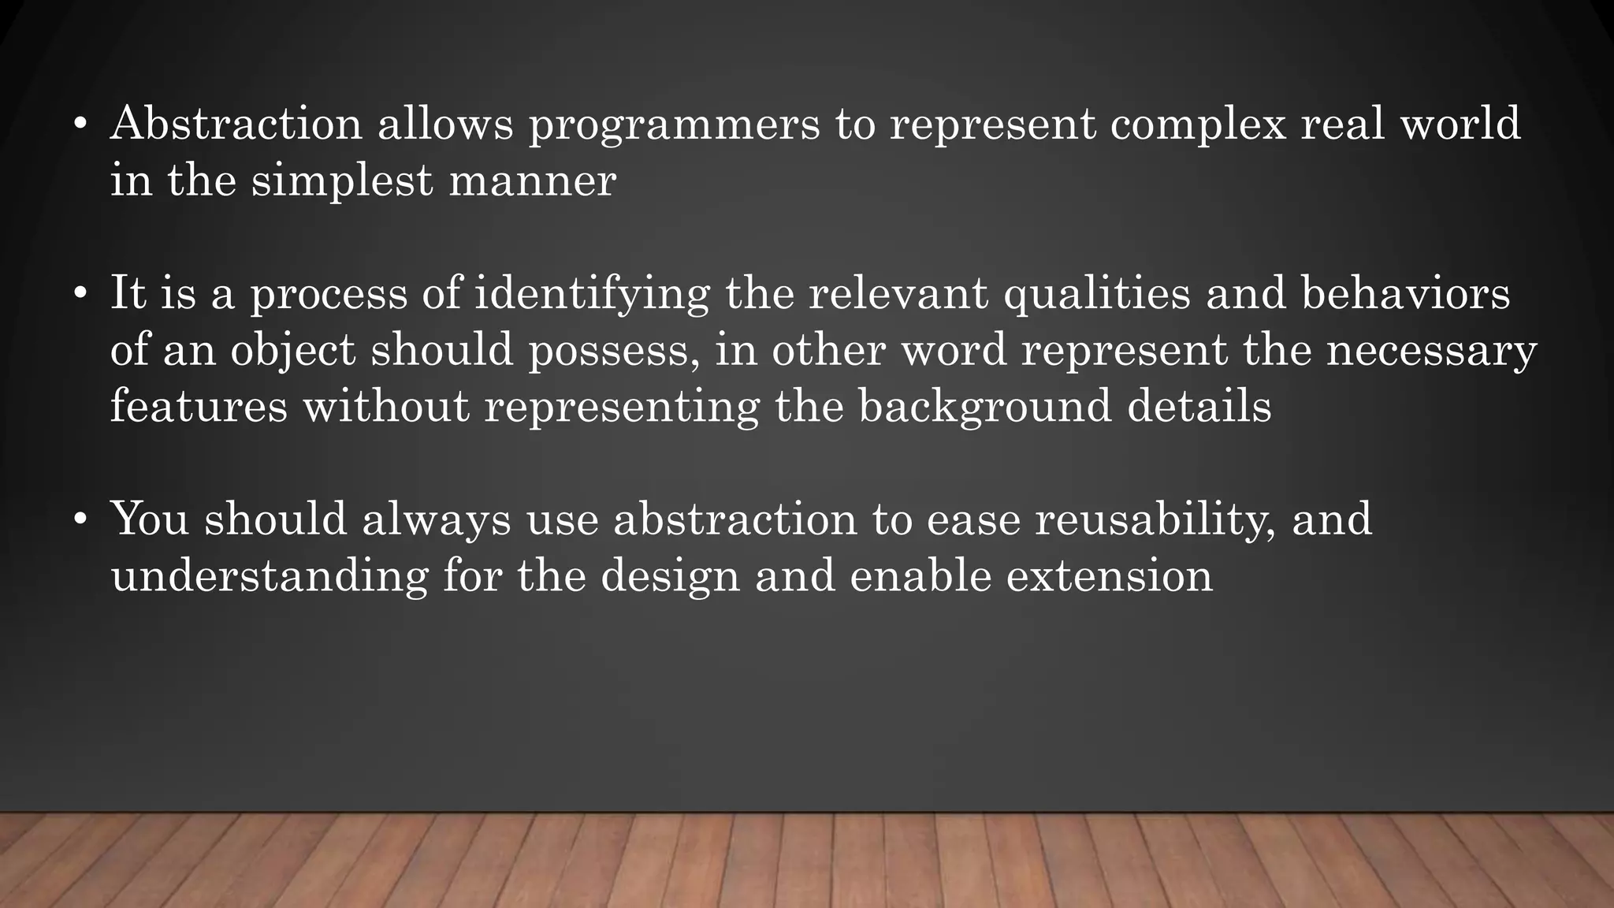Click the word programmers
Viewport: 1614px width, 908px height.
point(674,126)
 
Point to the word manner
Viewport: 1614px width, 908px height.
point(532,181)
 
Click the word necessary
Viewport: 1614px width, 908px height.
point(1431,352)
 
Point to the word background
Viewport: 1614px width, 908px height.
point(984,408)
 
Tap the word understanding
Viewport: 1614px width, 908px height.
point(270,578)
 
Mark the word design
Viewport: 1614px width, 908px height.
point(670,578)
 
